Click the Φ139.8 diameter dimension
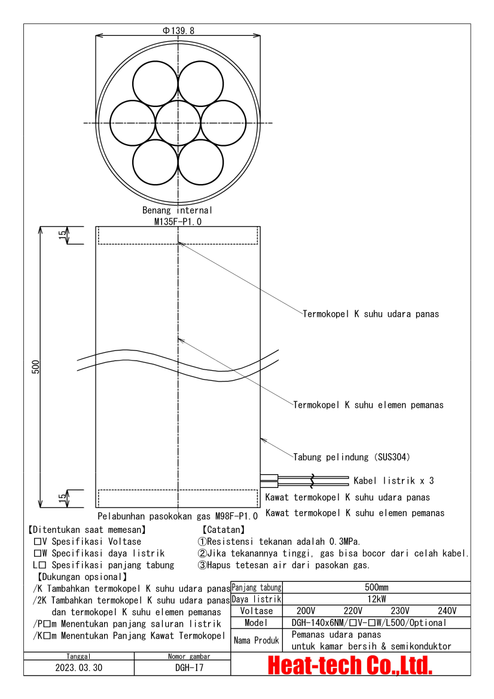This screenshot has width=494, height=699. click(x=178, y=30)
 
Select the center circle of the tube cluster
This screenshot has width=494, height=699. click(x=178, y=123)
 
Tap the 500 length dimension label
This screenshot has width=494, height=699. click(x=35, y=367)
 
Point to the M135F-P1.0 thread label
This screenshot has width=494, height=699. click(x=178, y=221)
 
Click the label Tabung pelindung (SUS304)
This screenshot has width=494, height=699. click(x=351, y=457)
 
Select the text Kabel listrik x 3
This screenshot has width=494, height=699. click(x=394, y=480)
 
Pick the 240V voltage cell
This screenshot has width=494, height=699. click(x=446, y=611)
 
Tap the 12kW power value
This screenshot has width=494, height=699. click(x=377, y=599)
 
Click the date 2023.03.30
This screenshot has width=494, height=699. click(x=78, y=668)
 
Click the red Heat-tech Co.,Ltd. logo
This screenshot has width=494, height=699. click(x=350, y=665)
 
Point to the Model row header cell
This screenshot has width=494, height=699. click(x=256, y=622)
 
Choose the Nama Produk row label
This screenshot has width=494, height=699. click(x=256, y=640)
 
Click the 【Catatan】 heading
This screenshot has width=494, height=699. click(x=222, y=530)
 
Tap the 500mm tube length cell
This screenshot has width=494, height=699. click(x=377, y=588)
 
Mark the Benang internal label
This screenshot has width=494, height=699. click(x=177, y=210)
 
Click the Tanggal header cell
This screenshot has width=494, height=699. click(x=79, y=657)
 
